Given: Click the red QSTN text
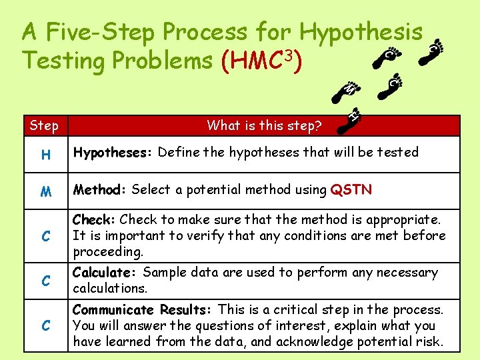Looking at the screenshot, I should click(x=351, y=190).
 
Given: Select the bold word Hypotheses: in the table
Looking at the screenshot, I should click(x=114, y=153).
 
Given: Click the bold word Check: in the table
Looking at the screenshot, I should click(x=95, y=219).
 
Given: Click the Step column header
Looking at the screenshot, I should click(x=44, y=125).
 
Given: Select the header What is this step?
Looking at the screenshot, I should click(x=265, y=125).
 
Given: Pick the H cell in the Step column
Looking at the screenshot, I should click(x=45, y=155).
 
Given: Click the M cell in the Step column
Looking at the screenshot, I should click(x=45, y=191).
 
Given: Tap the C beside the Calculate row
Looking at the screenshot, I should click(x=45, y=281).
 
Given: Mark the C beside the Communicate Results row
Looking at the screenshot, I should click(x=45, y=326).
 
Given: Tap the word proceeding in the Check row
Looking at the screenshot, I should click(x=108, y=252).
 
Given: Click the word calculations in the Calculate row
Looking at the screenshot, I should click(x=109, y=289).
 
